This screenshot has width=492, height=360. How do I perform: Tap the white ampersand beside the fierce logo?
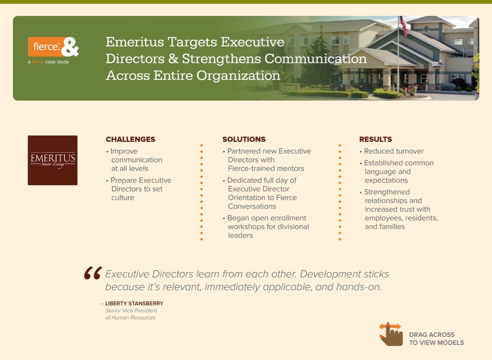coord(70,47)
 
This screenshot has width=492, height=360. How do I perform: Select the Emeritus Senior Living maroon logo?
coord(53,160)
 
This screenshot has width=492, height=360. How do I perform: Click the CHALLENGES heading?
coord(130,139)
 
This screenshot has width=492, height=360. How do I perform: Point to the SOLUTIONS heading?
coord(244,139)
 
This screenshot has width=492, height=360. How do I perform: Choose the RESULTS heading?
coord(376,139)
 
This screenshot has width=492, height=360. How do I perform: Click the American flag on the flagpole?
coord(404,26)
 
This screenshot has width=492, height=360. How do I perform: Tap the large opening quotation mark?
coord(93,273)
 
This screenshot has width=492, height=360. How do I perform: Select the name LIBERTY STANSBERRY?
coord(134,304)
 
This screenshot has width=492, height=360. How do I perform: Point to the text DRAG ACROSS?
coord(432,334)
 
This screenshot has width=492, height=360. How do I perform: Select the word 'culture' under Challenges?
coord(123,198)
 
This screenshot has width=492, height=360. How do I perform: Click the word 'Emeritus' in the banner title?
coord(135,42)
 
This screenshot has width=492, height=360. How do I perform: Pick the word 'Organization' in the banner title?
coord(238,76)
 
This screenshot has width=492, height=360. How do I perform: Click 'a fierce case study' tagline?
coord(48,62)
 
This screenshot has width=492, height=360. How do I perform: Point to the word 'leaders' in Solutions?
coord(240,235)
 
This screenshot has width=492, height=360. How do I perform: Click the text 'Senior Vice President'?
coord(131,311)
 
